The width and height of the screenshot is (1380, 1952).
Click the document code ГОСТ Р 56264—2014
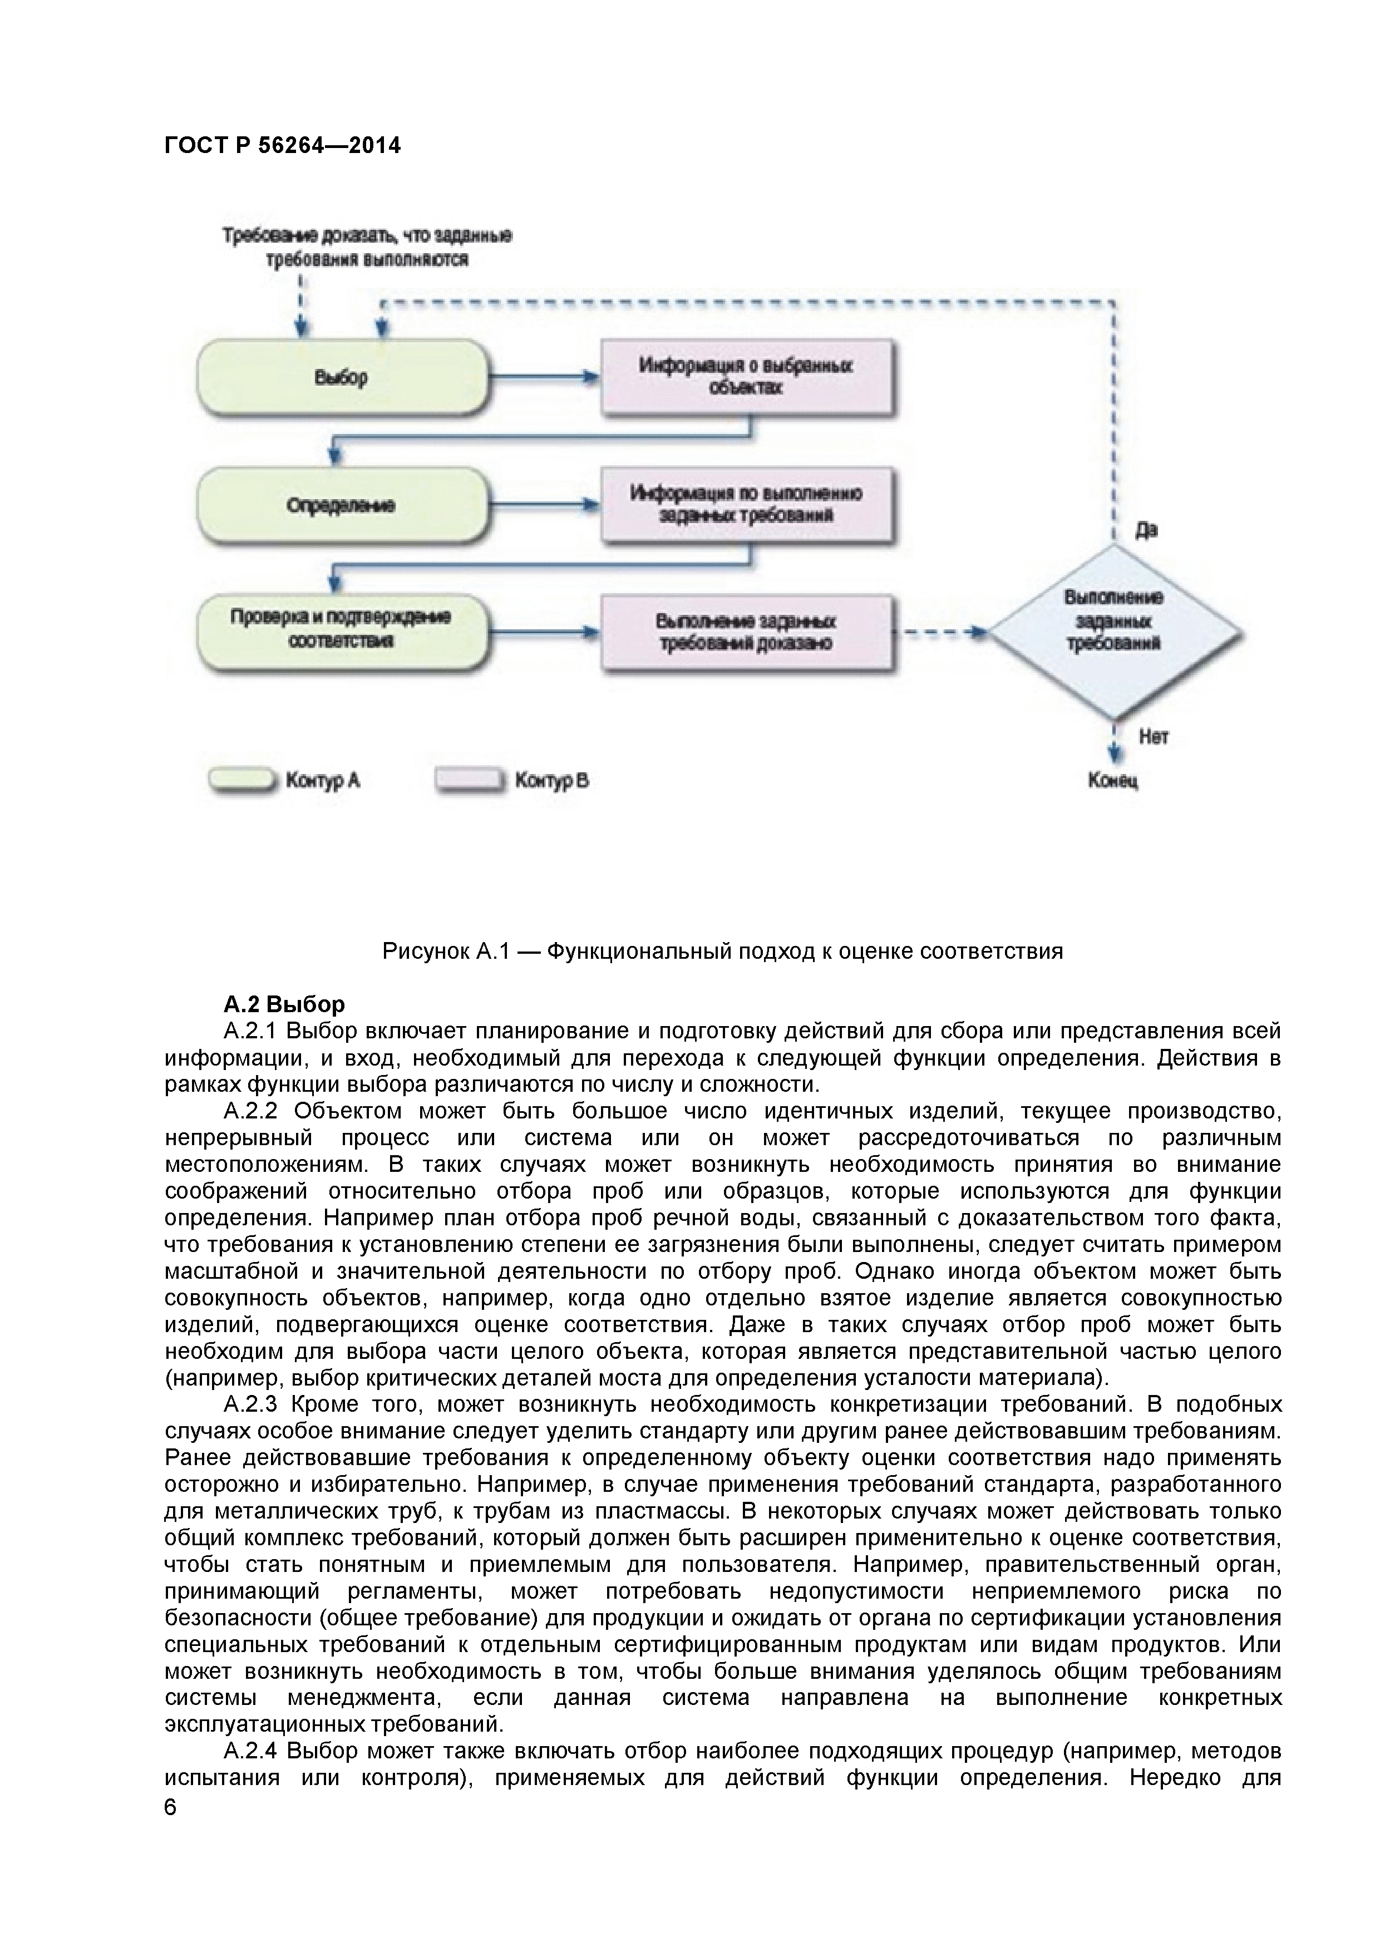tap(282, 146)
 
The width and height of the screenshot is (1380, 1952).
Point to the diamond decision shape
tap(1114, 633)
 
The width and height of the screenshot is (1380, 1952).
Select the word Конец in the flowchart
tap(1113, 781)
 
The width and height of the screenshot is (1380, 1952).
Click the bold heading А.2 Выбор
tap(284, 1005)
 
